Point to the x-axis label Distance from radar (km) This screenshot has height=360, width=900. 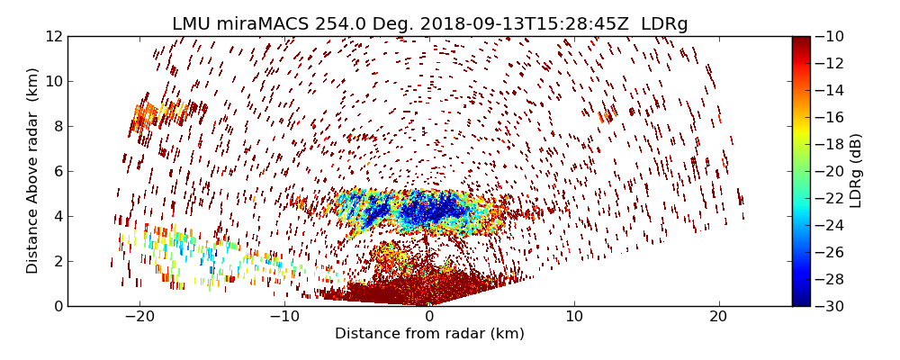click(429, 334)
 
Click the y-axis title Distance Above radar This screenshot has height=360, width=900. click(33, 171)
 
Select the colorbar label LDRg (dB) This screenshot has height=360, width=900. click(856, 171)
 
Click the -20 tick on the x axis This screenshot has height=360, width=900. click(139, 317)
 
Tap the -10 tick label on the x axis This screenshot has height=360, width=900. click(284, 317)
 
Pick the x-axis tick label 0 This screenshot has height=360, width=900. click(429, 317)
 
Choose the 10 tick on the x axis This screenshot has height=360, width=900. click(574, 317)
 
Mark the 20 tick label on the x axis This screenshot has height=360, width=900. click(719, 317)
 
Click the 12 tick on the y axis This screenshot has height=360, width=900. click(54, 36)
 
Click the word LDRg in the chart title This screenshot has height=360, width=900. click(663, 24)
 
